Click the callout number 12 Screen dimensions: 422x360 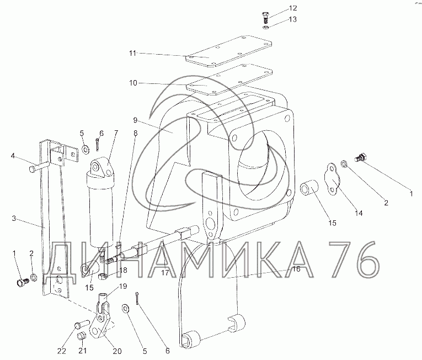click(293, 8)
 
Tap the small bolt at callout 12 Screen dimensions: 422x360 click(265, 17)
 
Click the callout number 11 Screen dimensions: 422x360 click(132, 53)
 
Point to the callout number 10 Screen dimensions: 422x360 click(133, 83)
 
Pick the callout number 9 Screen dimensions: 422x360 click(135, 120)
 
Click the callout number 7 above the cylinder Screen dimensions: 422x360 click(116, 133)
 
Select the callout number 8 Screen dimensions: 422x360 click(135, 133)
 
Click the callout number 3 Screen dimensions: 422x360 click(14, 218)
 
